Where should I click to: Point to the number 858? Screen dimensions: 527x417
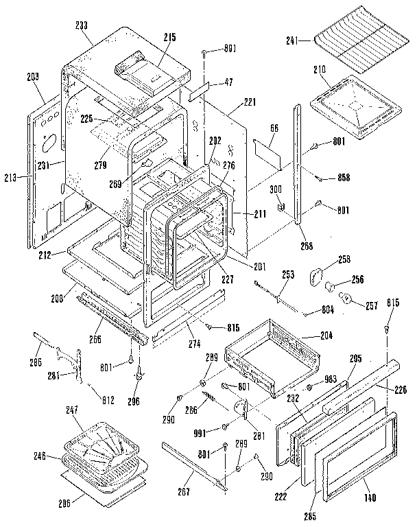344,177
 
